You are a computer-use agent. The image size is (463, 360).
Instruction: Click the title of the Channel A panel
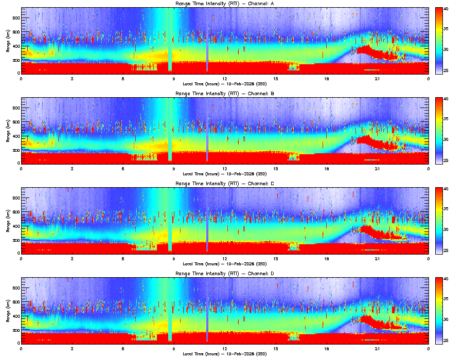225,5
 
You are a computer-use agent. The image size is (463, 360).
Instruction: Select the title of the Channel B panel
225,94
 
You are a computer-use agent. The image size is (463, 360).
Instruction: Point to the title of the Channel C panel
225,184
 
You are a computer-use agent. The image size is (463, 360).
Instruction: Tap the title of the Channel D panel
225,274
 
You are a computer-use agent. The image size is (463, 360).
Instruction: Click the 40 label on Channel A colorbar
447,9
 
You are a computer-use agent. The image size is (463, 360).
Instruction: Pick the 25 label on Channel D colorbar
447,341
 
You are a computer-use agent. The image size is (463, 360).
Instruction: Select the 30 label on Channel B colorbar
447,139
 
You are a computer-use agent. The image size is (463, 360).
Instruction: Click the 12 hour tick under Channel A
225,79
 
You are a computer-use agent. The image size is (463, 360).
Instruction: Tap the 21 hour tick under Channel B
378,169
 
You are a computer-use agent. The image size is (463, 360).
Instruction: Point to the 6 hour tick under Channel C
123,258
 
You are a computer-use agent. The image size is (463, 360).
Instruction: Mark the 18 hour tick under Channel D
327,348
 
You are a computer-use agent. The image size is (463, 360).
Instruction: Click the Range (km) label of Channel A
7,41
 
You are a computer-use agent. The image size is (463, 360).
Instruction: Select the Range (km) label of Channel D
7,310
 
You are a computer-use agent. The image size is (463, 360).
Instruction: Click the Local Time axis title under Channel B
225,173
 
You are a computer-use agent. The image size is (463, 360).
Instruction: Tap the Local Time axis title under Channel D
225,353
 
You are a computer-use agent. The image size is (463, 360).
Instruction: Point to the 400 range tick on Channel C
16,226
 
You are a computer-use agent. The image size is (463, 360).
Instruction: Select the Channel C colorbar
439,221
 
